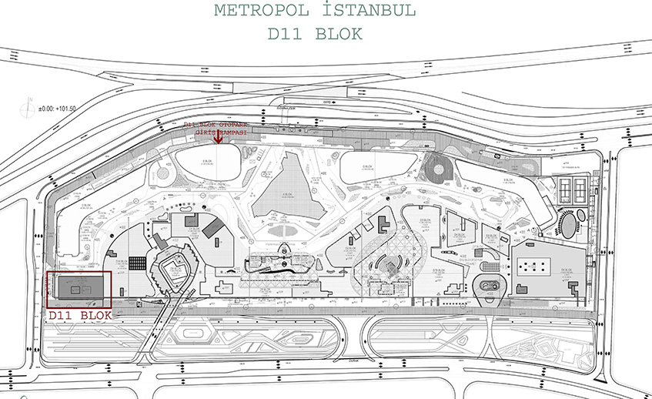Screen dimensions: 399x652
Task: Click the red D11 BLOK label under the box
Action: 80,315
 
